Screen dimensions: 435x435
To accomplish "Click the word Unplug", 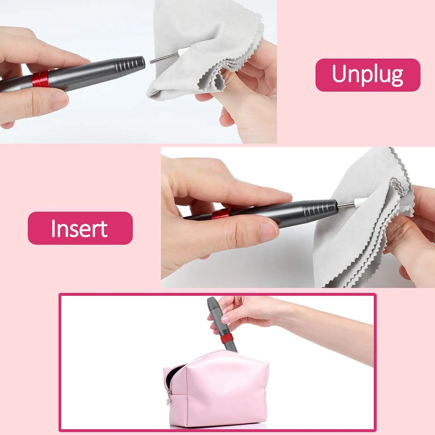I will tap(367, 75).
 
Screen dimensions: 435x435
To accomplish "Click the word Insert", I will tap(80, 228).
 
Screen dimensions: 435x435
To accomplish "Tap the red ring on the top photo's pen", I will tap(41, 79).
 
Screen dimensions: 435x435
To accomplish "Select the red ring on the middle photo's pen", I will tap(221, 214).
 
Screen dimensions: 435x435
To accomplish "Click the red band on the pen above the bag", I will tap(227, 338).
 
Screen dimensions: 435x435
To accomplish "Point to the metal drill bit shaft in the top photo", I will tap(162, 59).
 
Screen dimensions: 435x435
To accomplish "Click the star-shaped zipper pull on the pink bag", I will tap(169, 401).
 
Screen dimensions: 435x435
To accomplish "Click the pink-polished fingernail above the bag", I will tap(225, 319).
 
